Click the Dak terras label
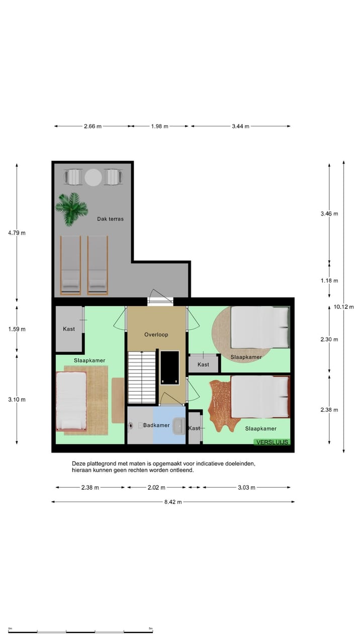coord(110,219)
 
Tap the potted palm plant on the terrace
coord(71,208)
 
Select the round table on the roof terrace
coord(93,177)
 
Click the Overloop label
coord(156,335)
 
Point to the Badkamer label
coord(155,425)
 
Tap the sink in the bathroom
coord(178,426)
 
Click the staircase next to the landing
coord(142,377)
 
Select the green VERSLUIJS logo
coord(272,442)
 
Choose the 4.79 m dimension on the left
coord(16,233)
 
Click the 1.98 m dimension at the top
coord(159,126)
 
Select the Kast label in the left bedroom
coord(69,329)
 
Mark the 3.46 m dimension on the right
coord(329,213)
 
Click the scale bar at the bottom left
coord(80,631)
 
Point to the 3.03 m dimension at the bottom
coord(246,487)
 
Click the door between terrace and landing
coord(160,299)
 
